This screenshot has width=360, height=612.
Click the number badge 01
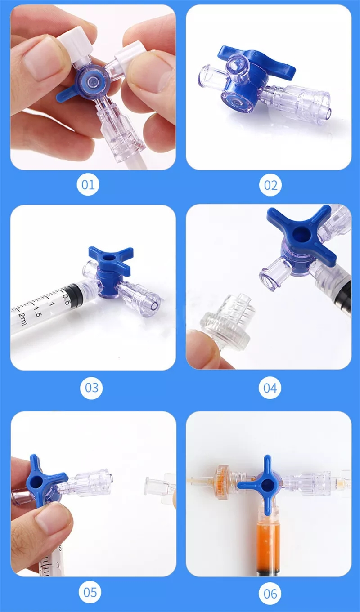tap(88, 185)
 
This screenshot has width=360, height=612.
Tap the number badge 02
tap(270, 185)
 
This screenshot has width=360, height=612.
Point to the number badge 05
tap(90, 592)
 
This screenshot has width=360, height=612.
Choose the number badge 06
tap(270, 594)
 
